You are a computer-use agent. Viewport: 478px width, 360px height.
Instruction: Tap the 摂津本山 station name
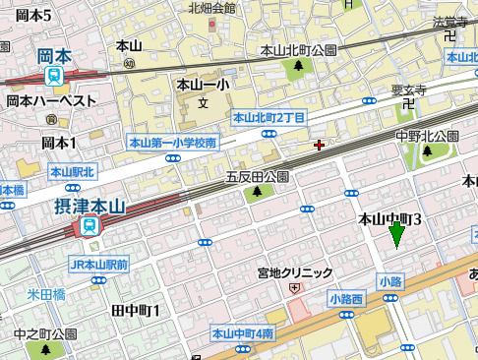click(x=90, y=207)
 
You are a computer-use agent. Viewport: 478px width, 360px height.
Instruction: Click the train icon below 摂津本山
click(x=90, y=226)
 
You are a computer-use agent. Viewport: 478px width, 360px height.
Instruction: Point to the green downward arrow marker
click(x=396, y=236)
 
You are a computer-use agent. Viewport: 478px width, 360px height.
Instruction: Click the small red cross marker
click(x=318, y=146)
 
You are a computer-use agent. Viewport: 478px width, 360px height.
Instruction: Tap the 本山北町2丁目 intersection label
click(x=269, y=118)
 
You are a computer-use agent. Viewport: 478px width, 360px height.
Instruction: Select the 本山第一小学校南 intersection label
click(x=172, y=144)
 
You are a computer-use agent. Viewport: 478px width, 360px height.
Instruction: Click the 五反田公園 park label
click(x=257, y=177)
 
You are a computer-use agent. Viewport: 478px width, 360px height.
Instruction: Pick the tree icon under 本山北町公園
click(x=298, y=66)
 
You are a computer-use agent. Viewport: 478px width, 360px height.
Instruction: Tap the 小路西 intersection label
click(x=346, y=298)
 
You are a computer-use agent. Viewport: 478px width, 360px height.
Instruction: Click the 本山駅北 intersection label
click(x=72, y=173)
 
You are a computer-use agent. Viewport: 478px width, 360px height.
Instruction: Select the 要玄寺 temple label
click(x=408, y=90)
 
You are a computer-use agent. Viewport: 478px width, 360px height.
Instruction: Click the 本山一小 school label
click(x=203, y=86)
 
